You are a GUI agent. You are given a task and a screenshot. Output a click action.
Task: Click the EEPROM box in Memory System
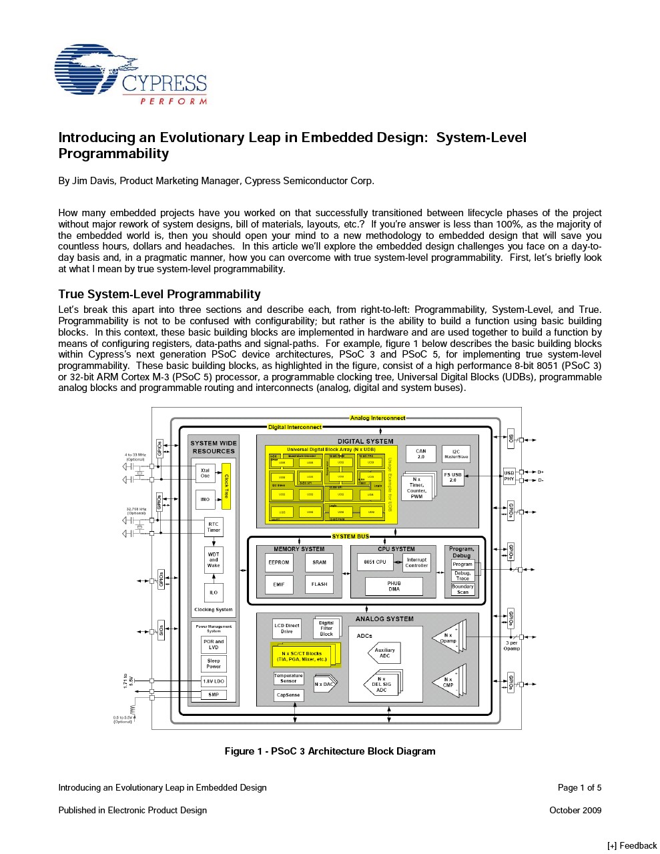279,562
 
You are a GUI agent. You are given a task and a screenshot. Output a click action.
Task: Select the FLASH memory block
320,584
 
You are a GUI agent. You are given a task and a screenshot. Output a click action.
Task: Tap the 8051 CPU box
376,562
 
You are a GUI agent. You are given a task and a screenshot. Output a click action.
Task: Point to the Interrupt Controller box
416,562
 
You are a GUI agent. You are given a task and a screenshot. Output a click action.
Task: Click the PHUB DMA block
394,586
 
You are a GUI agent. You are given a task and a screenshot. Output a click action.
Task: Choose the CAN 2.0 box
421,454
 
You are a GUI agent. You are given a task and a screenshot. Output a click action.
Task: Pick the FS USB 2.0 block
453,478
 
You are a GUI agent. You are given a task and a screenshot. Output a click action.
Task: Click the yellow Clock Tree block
226,486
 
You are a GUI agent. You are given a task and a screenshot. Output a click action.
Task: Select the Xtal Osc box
205,473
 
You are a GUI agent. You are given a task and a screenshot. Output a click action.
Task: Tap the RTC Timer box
214,527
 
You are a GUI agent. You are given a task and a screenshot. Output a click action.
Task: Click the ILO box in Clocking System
214,592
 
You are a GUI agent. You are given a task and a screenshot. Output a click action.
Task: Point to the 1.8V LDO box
214,681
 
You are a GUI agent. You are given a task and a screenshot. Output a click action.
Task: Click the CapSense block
288,695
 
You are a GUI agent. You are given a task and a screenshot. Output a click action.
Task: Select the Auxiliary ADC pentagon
384,653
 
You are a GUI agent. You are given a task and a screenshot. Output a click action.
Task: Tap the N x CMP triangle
448,683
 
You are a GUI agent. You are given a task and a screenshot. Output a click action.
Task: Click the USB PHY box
509,476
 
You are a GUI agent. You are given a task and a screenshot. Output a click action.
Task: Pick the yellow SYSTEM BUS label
350,536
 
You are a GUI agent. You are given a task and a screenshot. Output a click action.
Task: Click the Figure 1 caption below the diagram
330,751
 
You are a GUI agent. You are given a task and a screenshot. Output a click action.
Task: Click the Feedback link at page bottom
632,845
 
